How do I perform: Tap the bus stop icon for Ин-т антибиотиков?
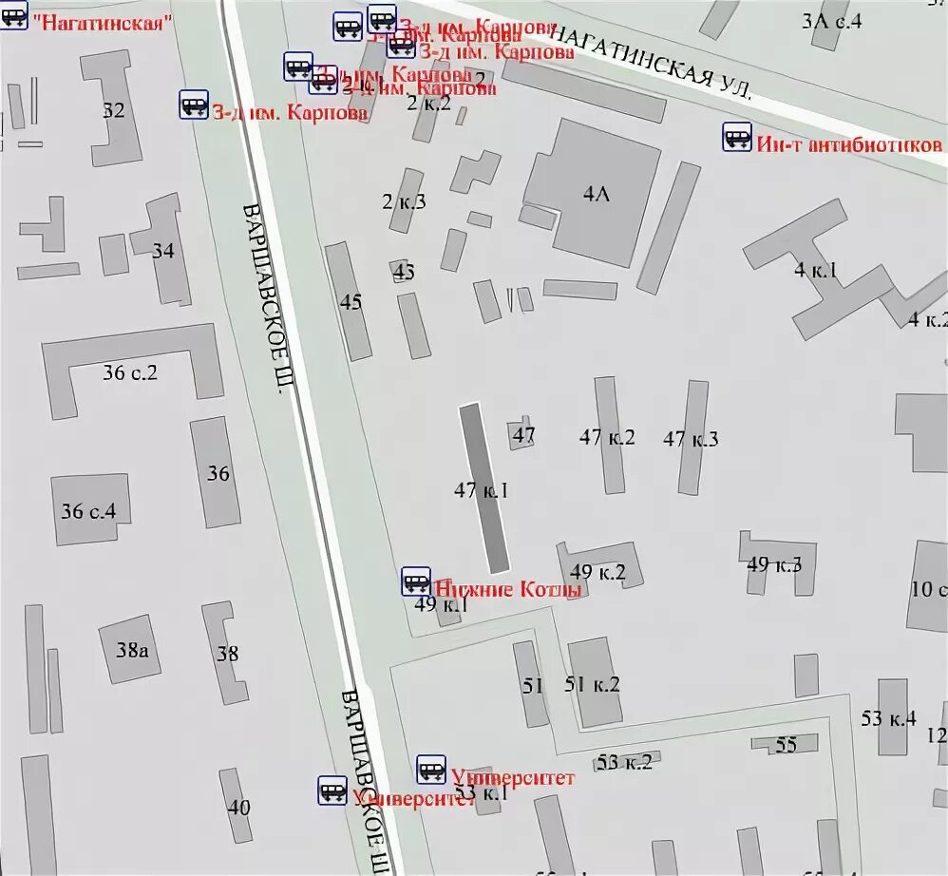coord(737,137)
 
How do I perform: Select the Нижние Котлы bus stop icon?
coord(415,581)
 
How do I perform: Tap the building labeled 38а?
coord(130,649)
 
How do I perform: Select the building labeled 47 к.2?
coord(609,435)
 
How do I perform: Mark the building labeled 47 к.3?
coord(693,437)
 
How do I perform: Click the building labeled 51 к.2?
coord(595,682)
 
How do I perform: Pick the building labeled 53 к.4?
coord(891,717)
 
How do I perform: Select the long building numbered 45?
coord(349,300)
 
